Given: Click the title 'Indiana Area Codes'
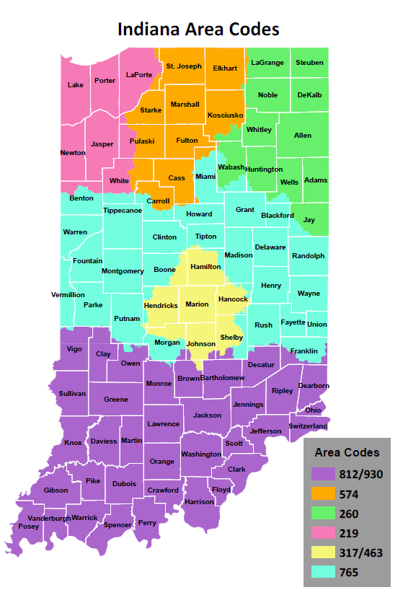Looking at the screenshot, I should click(198, 30).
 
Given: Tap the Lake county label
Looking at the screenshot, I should click(76, 85).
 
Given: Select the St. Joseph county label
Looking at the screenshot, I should click(184, 66).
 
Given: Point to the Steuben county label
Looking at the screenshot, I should click(309, 63).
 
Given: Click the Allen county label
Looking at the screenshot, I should click(303, 136).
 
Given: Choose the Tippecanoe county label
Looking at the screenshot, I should click(123, 211).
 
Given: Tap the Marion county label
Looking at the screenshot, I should click(197, 304).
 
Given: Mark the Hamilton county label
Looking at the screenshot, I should click(205, 267).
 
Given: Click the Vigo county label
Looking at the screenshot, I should click(75, 349).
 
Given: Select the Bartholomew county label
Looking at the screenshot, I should click(223, 378).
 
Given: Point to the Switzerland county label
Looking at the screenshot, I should click(309, 426).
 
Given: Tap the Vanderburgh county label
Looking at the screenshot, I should click(50, 518).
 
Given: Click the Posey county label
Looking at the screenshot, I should click(29, 527).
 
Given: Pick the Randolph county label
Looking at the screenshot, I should click(308, 256).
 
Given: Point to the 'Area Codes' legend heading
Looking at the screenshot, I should click(347, 453).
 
